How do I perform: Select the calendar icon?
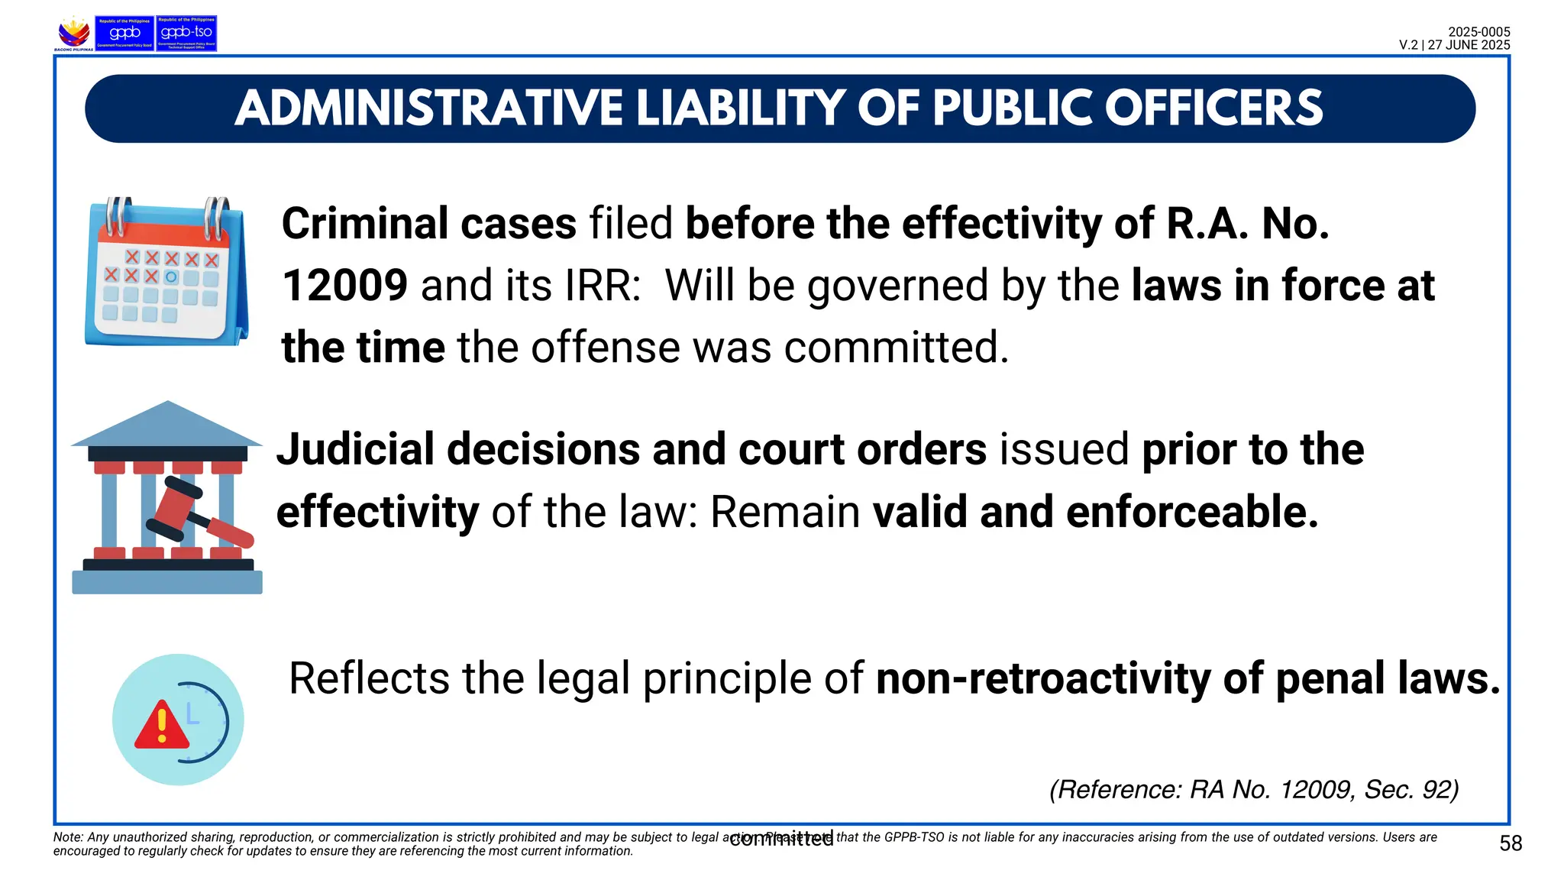point(166,271)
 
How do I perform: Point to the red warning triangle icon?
point(161,726)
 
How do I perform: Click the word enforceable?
point(1192,512)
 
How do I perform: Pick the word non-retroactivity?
point(1043,678)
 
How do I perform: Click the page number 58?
point(1511,843)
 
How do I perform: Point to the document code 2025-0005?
point(1478,32)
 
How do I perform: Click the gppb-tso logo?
point(186,34)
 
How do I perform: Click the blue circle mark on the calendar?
point(171,277)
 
